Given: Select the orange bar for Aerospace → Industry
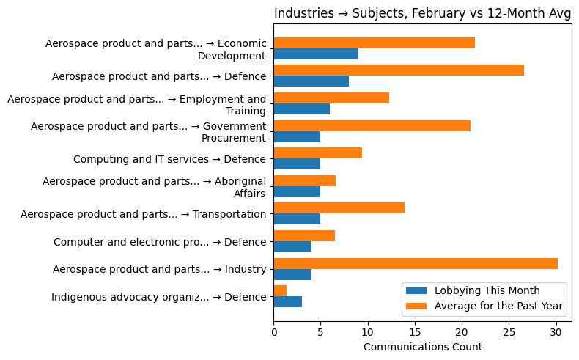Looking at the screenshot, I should (x=416, y=263).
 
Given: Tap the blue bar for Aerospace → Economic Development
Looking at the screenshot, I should (x=316, y=54).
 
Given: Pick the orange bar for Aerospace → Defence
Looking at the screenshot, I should (x=399, y=70).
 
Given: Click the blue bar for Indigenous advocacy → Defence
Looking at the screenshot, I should (x=287, y=302).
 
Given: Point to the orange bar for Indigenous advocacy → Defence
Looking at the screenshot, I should (x=280, y=291).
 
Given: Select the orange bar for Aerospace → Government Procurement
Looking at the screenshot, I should (x=372, y=125).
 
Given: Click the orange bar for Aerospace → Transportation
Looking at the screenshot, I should (x=339, y=208).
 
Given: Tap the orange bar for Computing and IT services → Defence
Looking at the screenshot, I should (x=317, y=153).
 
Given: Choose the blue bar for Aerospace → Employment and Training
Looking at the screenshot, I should (x=301, y=109).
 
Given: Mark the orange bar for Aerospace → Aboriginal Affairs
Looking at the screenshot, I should (x=304, y=180).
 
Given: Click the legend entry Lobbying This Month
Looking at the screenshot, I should (x=487, y=290).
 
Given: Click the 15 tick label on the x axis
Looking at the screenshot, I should (x=415, y=331).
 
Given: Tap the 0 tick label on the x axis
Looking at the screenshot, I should (x=273, y=331).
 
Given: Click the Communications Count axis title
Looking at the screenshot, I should (x=422, y=347).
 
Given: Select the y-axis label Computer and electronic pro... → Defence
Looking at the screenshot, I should (x=159, y=242).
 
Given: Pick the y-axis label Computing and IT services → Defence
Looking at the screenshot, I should (x=169, y=159).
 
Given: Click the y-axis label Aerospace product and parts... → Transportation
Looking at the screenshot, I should (x=143, y=214).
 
